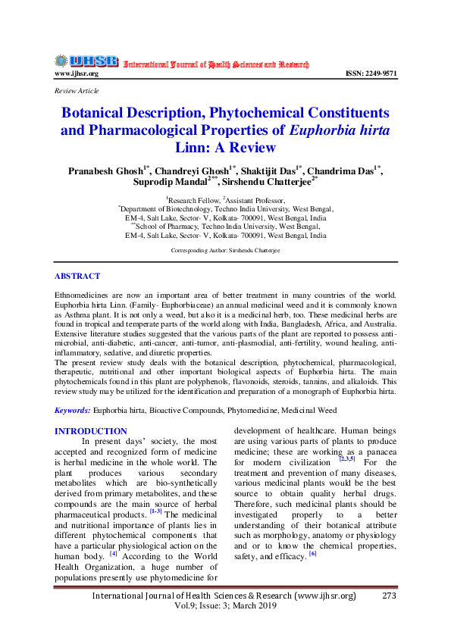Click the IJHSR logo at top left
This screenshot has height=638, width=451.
click(x=86, y=61)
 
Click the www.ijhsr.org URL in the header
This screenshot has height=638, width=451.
click(x=76, y=73)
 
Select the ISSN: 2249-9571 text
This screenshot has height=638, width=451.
click(x=371, y=73)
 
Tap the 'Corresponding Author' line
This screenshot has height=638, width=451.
click(x=225, y=249)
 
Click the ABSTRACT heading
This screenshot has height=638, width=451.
click(x=77, y=277)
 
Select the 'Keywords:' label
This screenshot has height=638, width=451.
click(x=73, y=410)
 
